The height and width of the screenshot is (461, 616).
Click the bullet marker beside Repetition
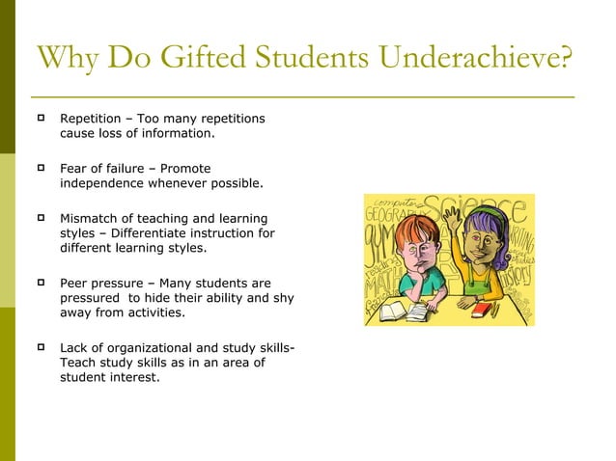click(42, 119)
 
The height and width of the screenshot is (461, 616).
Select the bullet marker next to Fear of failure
click(42, 168)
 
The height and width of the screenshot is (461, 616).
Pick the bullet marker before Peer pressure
click(42, 284)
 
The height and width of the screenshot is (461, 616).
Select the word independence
click(106, 183)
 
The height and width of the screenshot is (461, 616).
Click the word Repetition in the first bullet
click(92, 119)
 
